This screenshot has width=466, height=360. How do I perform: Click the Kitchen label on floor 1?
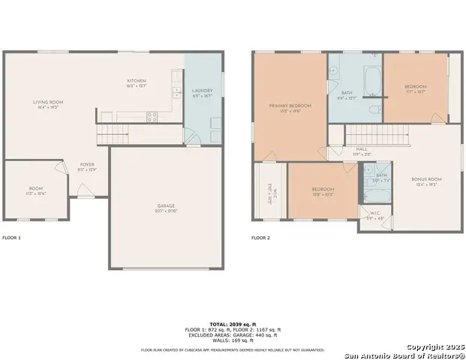[136, 80]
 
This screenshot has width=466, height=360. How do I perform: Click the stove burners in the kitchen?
[152, 116]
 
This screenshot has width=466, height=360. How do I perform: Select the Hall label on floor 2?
[361, 149]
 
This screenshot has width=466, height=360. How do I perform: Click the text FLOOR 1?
[11, 238]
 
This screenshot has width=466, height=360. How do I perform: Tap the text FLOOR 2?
[260, 238]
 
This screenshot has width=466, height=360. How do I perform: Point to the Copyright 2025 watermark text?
[433, 346]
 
